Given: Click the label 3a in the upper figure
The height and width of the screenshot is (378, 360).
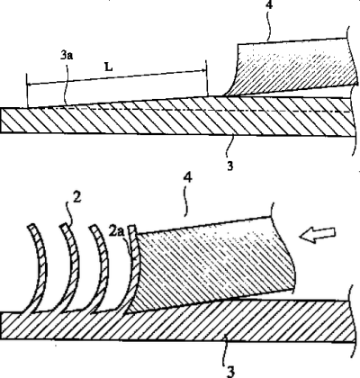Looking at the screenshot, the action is click(67, 56).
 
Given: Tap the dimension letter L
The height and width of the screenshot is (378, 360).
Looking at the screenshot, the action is click(109, 67).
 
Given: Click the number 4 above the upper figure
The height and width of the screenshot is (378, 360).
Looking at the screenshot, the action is click(269, 4).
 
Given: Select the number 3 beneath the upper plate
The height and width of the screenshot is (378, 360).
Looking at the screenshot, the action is click(230, 166).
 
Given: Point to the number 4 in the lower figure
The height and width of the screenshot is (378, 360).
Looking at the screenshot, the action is click(187, 177).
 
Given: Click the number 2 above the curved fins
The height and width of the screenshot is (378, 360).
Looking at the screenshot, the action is click(77, 198).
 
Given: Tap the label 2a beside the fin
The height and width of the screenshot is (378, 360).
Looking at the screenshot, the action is click(116, 232).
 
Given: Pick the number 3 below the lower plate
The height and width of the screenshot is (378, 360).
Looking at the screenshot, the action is click(230, 372).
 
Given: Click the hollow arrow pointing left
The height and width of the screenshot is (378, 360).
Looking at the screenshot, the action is click(318, 234).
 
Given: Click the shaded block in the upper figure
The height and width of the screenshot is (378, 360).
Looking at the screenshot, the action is click(295, 67).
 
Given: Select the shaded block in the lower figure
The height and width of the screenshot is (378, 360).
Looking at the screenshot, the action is click(210, 264).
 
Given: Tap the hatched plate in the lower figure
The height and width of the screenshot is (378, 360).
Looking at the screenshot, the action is click(177, 321).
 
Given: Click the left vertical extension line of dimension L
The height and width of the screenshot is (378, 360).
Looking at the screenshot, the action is click(27, 90).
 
